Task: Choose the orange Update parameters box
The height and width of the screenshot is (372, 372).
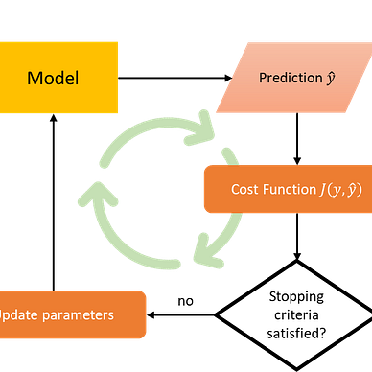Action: pos(72,314)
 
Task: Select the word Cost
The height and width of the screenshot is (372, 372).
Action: pos(245,189)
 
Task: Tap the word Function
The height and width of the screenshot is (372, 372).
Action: pos(286,189)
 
